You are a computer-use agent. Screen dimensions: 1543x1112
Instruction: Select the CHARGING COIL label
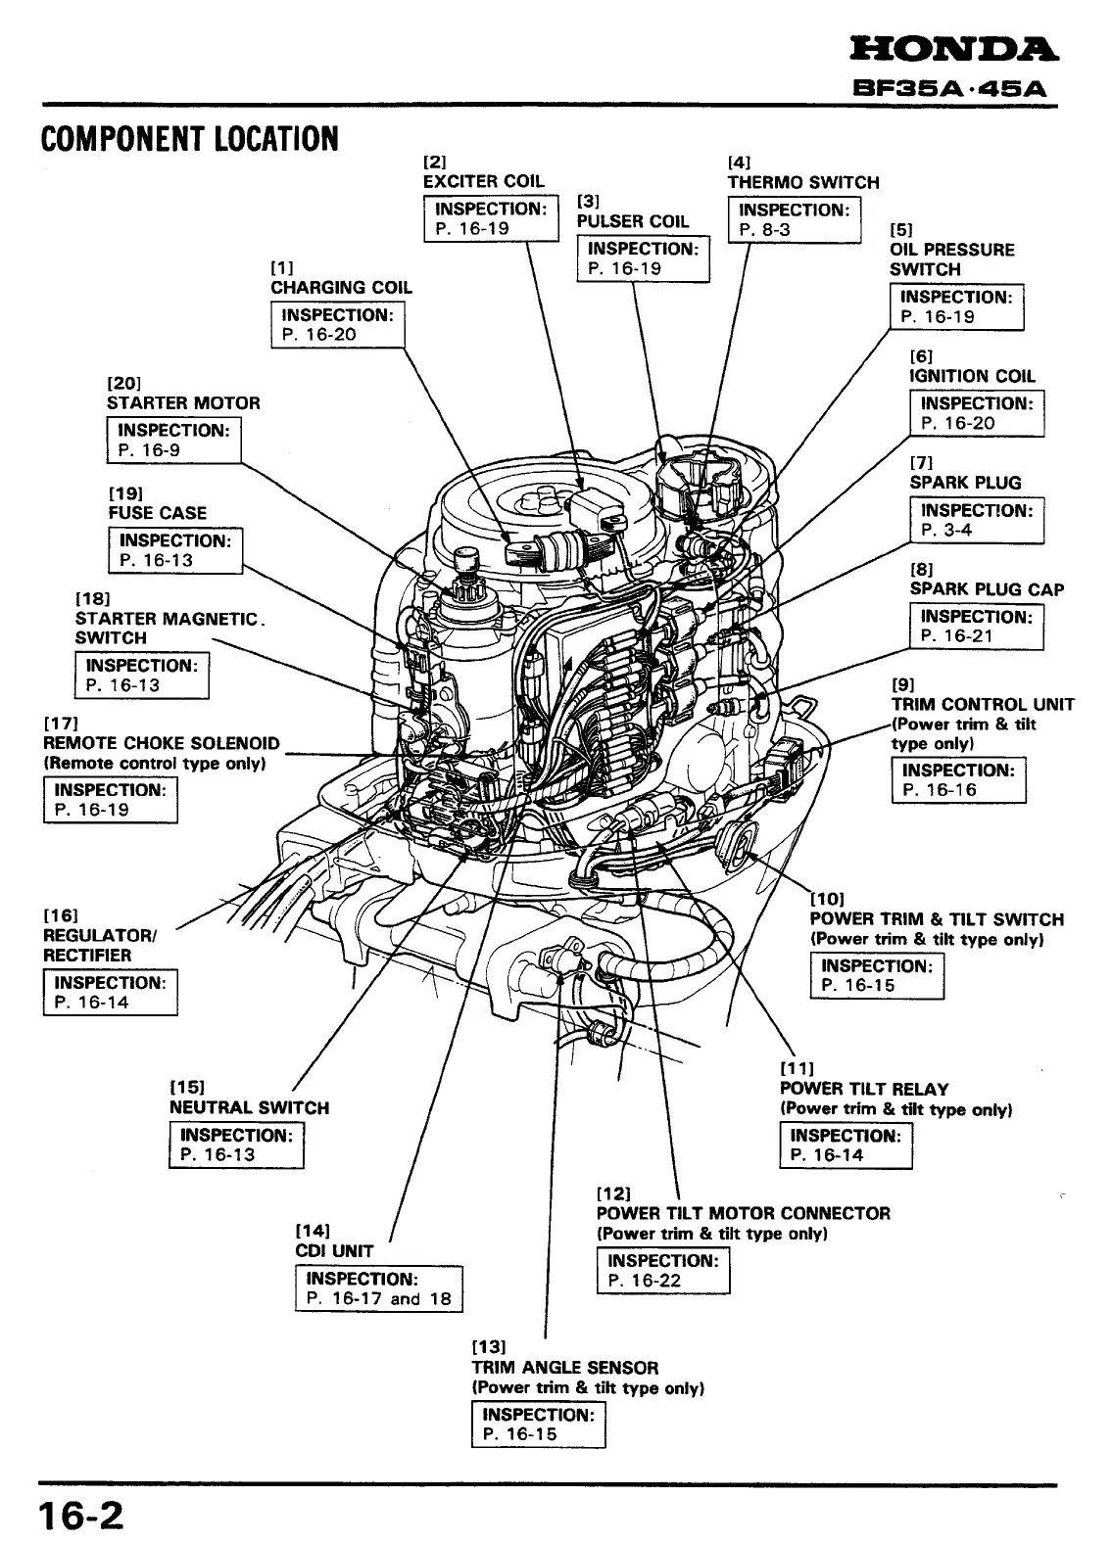341,287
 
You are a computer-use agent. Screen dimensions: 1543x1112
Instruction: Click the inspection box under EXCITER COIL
490,218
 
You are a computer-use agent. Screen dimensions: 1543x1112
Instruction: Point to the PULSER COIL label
633,221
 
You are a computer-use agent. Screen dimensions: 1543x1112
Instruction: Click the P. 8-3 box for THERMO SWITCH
794,219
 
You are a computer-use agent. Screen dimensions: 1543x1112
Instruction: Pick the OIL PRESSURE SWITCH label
951,259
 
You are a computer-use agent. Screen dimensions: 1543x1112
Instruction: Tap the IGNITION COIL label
972,376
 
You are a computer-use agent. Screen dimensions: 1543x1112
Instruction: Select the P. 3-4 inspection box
977,520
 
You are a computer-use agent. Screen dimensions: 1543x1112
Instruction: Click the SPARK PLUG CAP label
987,589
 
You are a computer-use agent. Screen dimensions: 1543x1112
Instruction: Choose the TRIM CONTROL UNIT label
983,705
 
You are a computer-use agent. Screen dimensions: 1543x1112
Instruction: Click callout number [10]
827,898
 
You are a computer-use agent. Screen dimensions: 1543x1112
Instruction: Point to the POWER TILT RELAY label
864,1089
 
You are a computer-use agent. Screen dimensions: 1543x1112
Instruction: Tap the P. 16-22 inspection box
663,1271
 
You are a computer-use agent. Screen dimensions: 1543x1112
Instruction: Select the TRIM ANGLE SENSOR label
564,1368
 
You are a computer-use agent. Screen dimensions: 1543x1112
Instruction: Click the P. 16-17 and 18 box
378,1288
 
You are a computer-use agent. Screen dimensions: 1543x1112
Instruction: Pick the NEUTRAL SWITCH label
249,1108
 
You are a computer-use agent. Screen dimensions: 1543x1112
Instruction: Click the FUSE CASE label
158,513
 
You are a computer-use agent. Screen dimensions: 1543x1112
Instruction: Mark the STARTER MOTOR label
183,403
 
